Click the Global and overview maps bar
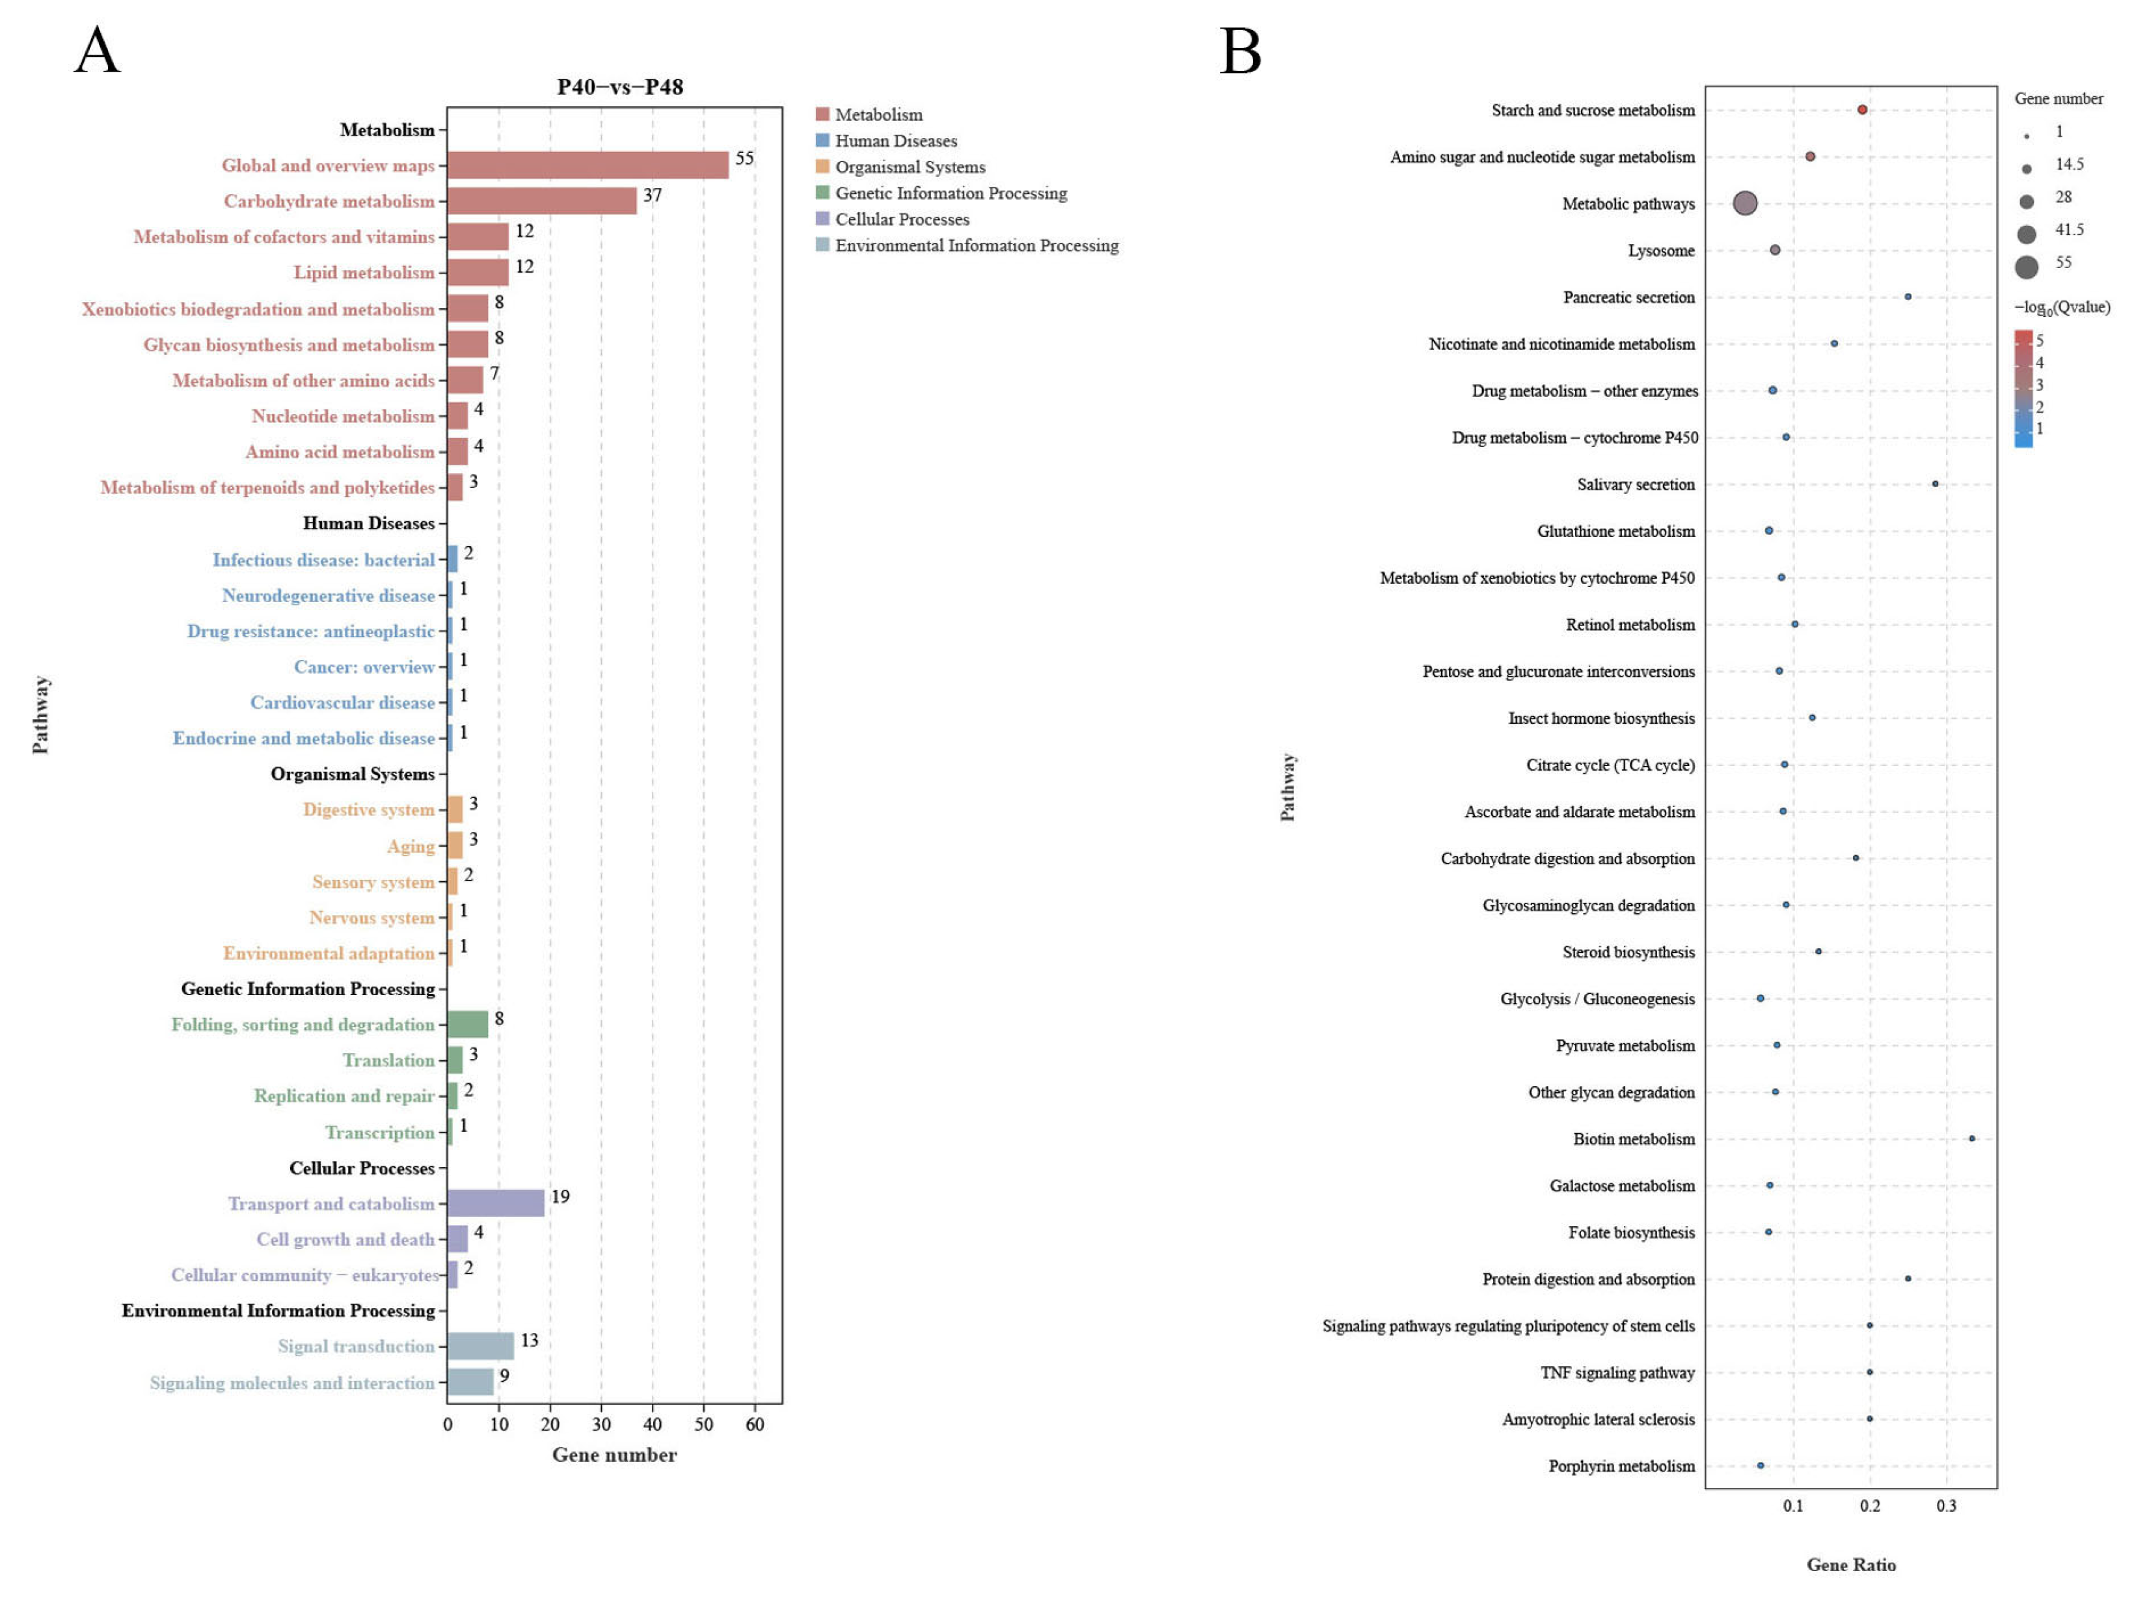tap(588, 165)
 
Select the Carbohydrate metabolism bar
tap(542, 200)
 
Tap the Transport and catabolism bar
tap(496, 1203)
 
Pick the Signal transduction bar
tap(480, 1345)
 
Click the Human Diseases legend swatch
tap(822, 140)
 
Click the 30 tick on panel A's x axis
tap(601, 1425)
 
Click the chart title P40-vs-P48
tap(620, 87)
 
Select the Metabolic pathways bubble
tap(1745, 202)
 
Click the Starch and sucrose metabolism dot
tap(1862, 110)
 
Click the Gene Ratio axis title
tap(1850, 1565)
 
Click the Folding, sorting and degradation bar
tap(468, 1024)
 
